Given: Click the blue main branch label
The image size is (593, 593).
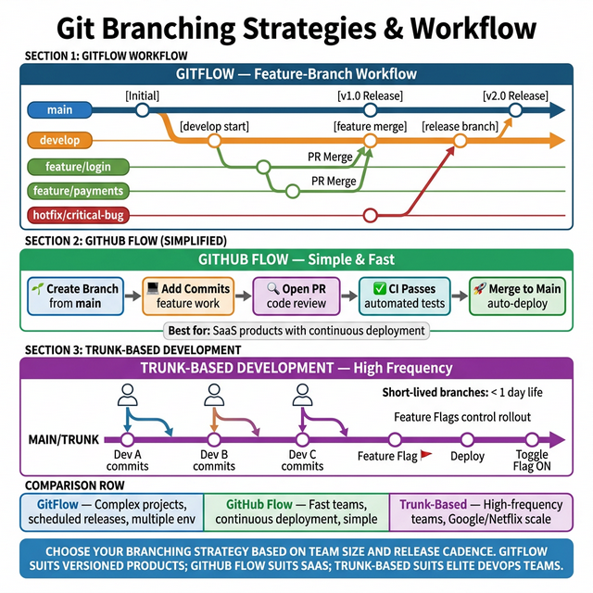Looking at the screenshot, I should (x=59, y=110).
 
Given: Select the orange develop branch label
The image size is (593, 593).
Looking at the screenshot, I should (x=59, y=141).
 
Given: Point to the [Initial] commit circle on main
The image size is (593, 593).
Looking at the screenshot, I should (x=142, y=110).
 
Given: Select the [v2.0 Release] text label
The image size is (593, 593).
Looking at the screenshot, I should (x=515, y=95).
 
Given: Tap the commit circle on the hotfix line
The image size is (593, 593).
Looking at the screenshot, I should (x=371, y=216).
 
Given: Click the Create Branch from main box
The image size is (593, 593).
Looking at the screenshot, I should (x=75, y=296).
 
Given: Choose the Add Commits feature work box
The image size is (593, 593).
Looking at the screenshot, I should (x=187, y=296).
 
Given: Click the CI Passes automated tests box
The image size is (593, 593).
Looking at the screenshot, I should (x=404, y=296).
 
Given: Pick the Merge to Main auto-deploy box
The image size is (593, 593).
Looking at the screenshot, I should (x=515, y=296).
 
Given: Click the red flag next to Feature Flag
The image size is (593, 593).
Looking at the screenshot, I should (x=426, y=455).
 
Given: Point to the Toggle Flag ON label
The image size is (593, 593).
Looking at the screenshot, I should (x=532, y=461).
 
